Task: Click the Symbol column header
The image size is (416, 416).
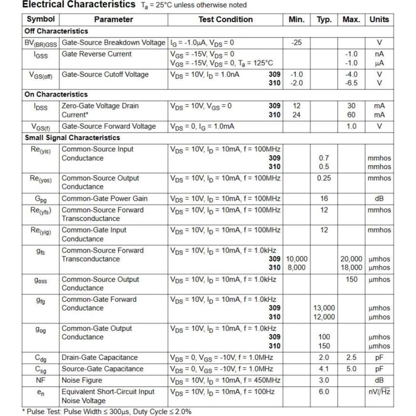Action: pyautogui.click(x=41, y=19)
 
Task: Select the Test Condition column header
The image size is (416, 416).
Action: pyautogui.click(x=225, y=19)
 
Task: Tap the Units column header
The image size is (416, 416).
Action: pyautogui.click(x=379, y=19)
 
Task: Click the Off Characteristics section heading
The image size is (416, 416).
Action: pyautogui.click(x=56, y=31)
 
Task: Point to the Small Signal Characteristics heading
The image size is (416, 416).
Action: pyautogui.click(x=72, y=138)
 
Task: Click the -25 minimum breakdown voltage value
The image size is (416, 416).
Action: pyautogui.click(x=296, y=42)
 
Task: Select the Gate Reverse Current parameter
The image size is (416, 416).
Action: pyautogui.click(x=97, y=54)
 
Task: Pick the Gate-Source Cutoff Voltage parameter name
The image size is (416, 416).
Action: pyautogui.click(x=105, y=74)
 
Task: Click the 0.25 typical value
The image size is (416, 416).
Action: pyautogui.click(x=324, y=178)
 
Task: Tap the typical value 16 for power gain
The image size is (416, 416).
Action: pyautogui.click(x=324, y=198)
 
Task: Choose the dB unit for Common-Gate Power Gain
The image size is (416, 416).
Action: pyautogui.click(x=379, y=198)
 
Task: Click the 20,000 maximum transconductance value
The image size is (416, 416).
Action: pyautogui.click(x=351, y=259)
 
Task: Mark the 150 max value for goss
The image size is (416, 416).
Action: pyautogui.click(x=351, y=279)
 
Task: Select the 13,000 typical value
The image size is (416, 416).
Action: pyautogui.click(x=324, y=308)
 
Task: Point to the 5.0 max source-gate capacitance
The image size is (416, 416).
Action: pyautogui.click(x=351, y=369)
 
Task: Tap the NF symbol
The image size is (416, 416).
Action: pyautogui.click(x=41, y=380)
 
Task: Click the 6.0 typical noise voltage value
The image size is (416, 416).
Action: pyautogui.click(x=324, y=392)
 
